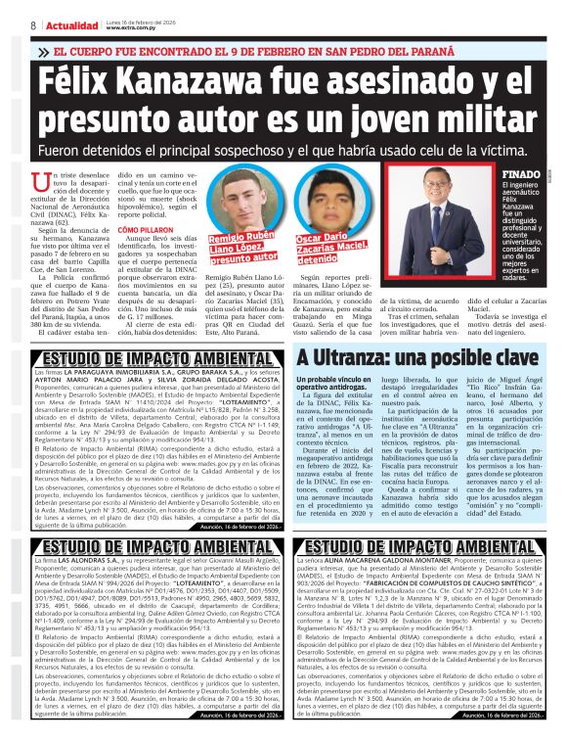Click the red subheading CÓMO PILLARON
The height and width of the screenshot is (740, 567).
coord(145,256)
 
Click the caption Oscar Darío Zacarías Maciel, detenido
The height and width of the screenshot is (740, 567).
coord(333,250)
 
